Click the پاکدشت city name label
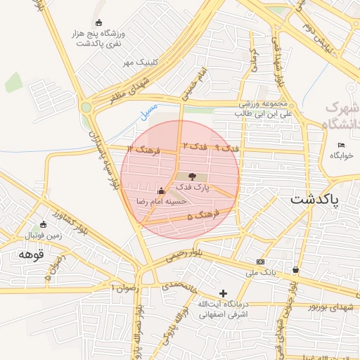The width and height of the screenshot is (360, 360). [x=314, y=199]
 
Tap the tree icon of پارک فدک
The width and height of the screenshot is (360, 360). [x=193, y=176]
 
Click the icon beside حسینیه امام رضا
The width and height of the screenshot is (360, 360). [x=162, y=190]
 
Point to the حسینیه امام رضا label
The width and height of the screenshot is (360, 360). [x=162, y=201]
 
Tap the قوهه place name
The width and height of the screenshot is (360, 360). [x=31, y=255]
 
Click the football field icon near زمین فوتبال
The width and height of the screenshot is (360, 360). [x=44, y=224]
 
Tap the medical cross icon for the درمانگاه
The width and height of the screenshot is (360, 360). [x=223, y=293]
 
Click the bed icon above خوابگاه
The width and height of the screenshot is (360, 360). [x=342, y=145]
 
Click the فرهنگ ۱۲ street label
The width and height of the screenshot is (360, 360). [x=144, y=150]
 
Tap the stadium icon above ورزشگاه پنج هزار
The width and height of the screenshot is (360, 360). [x=97, y=22]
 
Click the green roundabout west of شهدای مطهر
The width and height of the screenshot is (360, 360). [x=86, y=108]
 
